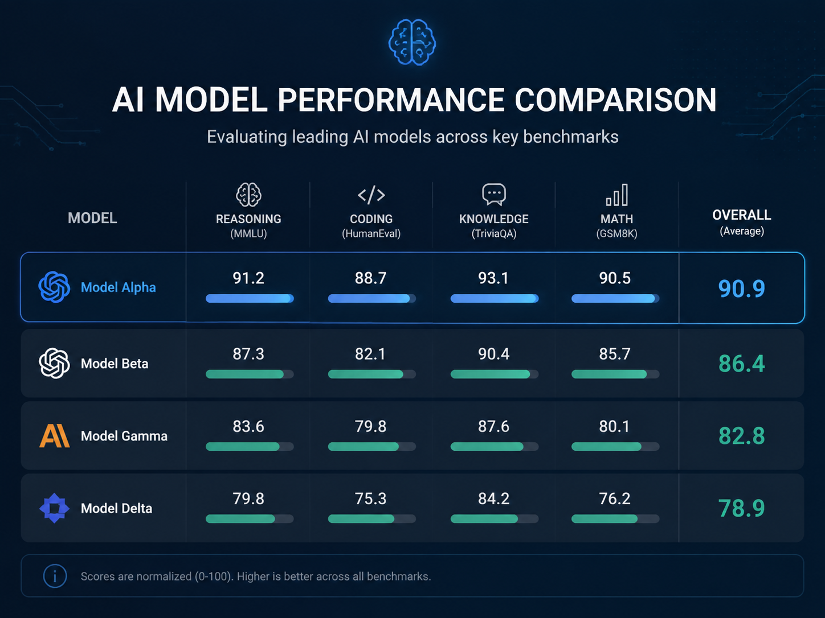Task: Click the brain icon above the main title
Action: (412, 42)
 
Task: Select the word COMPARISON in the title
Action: (615, 100)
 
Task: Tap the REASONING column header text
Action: (248, 219)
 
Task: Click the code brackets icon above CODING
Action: (371, 195)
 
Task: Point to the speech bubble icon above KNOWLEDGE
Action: (494, 195)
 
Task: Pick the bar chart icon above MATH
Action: (617, 195)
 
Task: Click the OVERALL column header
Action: (742, 215)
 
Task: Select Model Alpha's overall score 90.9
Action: (742, 289)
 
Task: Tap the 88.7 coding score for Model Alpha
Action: (370, 278)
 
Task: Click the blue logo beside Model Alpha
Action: (54, 287)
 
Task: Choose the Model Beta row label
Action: (115, 364)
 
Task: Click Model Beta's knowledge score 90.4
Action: (493, 354)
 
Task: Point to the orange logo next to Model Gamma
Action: (55, 436)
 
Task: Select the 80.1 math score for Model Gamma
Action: (615, 426)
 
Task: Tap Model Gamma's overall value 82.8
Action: (742, 436)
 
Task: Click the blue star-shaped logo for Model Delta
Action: (55, 508)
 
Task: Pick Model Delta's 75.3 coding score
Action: (370, 498)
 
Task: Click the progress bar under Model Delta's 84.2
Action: (494, 519)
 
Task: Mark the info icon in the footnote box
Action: (55, 576)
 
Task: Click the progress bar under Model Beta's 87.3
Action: (250, 374)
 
